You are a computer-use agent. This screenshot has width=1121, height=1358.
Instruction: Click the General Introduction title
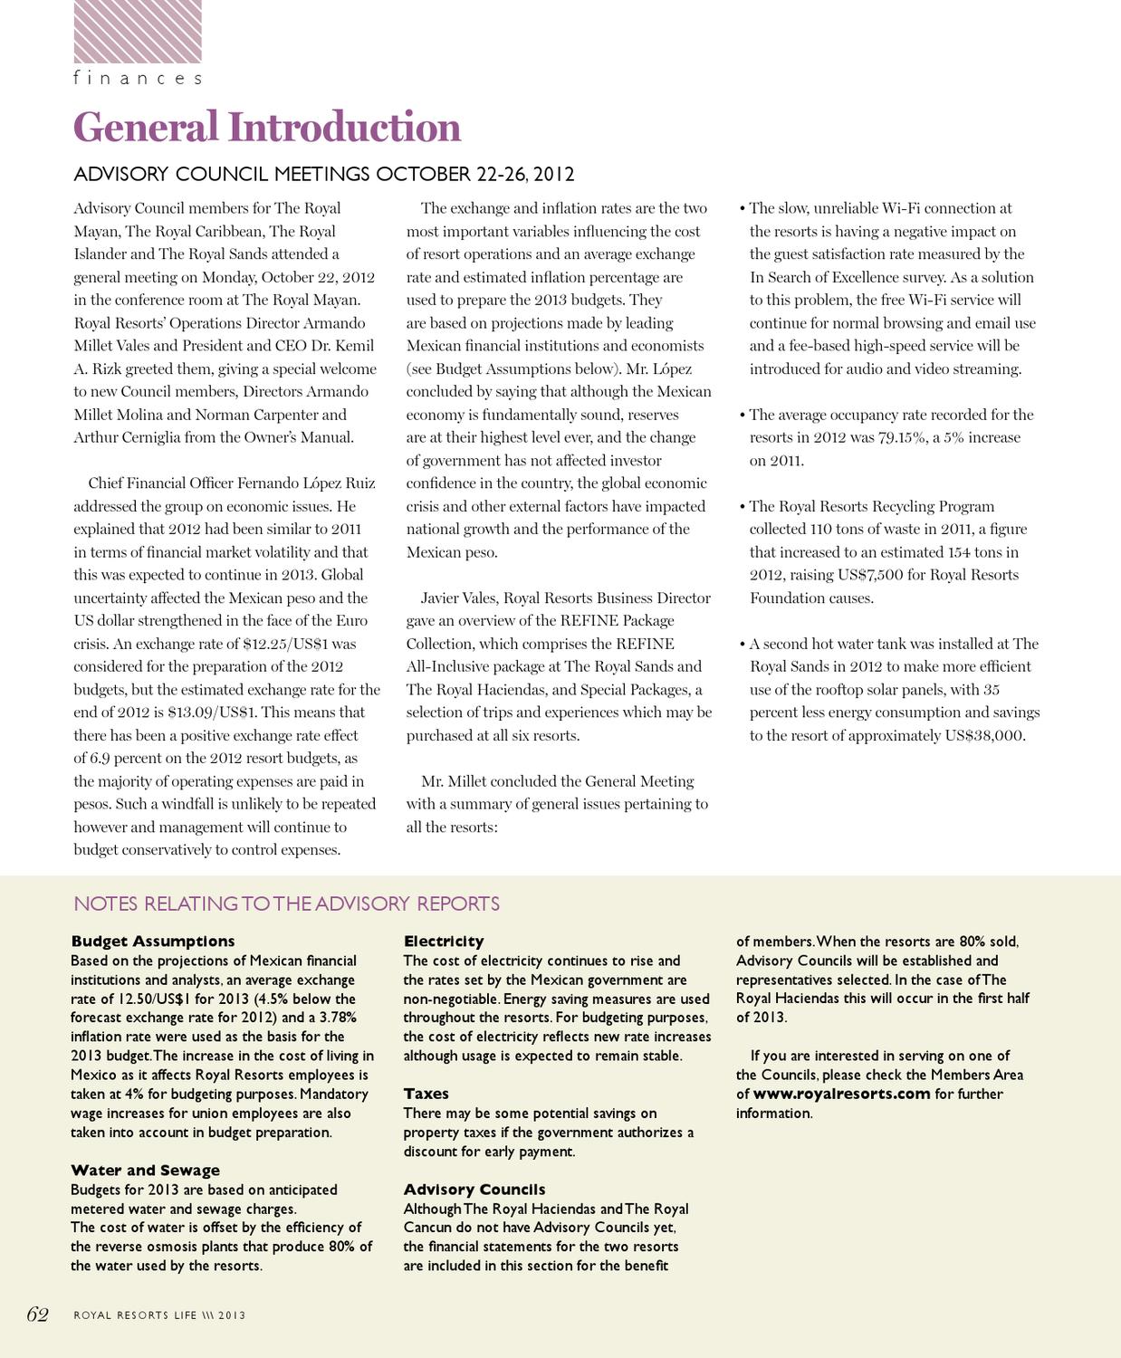(267, 127)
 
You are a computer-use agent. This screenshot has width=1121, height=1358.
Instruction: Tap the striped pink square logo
(138, 32)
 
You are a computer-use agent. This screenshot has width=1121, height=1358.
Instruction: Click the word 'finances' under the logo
(138, 79)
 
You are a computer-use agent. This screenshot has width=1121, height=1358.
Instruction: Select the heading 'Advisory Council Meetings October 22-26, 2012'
(323, 174)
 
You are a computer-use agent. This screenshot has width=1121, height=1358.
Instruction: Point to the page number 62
(37, 1315)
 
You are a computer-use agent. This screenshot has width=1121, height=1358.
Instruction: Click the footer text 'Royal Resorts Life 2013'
(159, 1315)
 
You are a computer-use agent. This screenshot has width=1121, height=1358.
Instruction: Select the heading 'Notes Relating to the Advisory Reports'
(286, 904)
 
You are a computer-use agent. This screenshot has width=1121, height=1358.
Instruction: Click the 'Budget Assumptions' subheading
(152, 942)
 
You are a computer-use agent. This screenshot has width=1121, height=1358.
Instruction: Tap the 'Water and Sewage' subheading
(145, 1171)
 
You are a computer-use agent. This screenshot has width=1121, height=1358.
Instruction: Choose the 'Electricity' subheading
(444, 942)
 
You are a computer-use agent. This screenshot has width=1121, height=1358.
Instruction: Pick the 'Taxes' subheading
(426, 1094)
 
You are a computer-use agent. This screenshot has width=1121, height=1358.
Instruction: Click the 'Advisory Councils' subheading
(474, 1190)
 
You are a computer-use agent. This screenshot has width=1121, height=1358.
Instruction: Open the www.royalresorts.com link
(841, 1094)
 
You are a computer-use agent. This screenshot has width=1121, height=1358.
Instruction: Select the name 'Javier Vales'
(458, 598)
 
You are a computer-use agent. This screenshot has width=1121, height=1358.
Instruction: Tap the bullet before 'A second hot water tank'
(743, 644)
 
